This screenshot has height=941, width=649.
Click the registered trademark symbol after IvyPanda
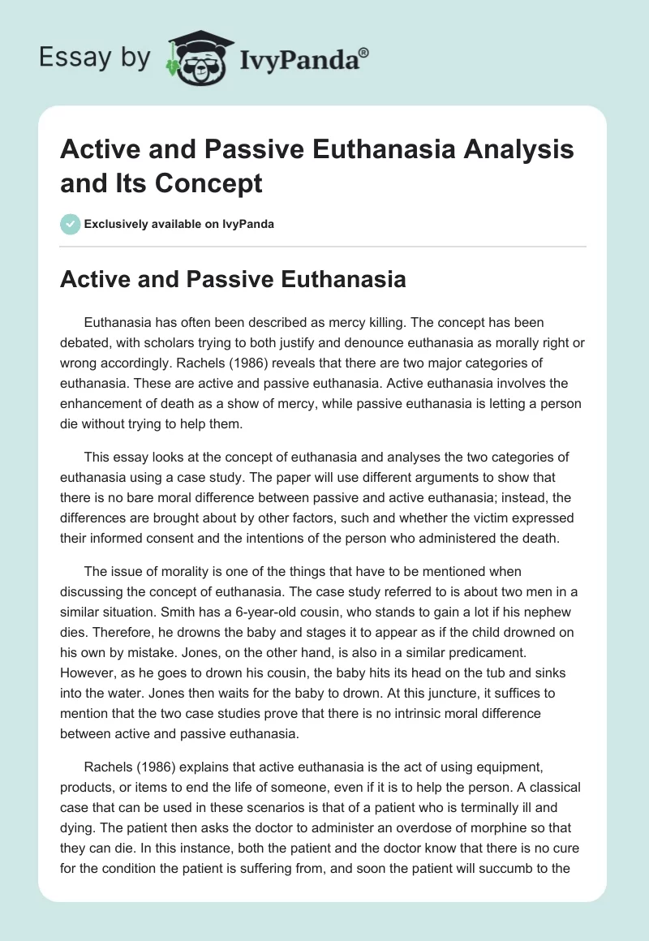pyautogui.click(x=364, y=52)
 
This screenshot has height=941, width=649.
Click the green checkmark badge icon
pyautogui.click(x=70, y=224)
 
